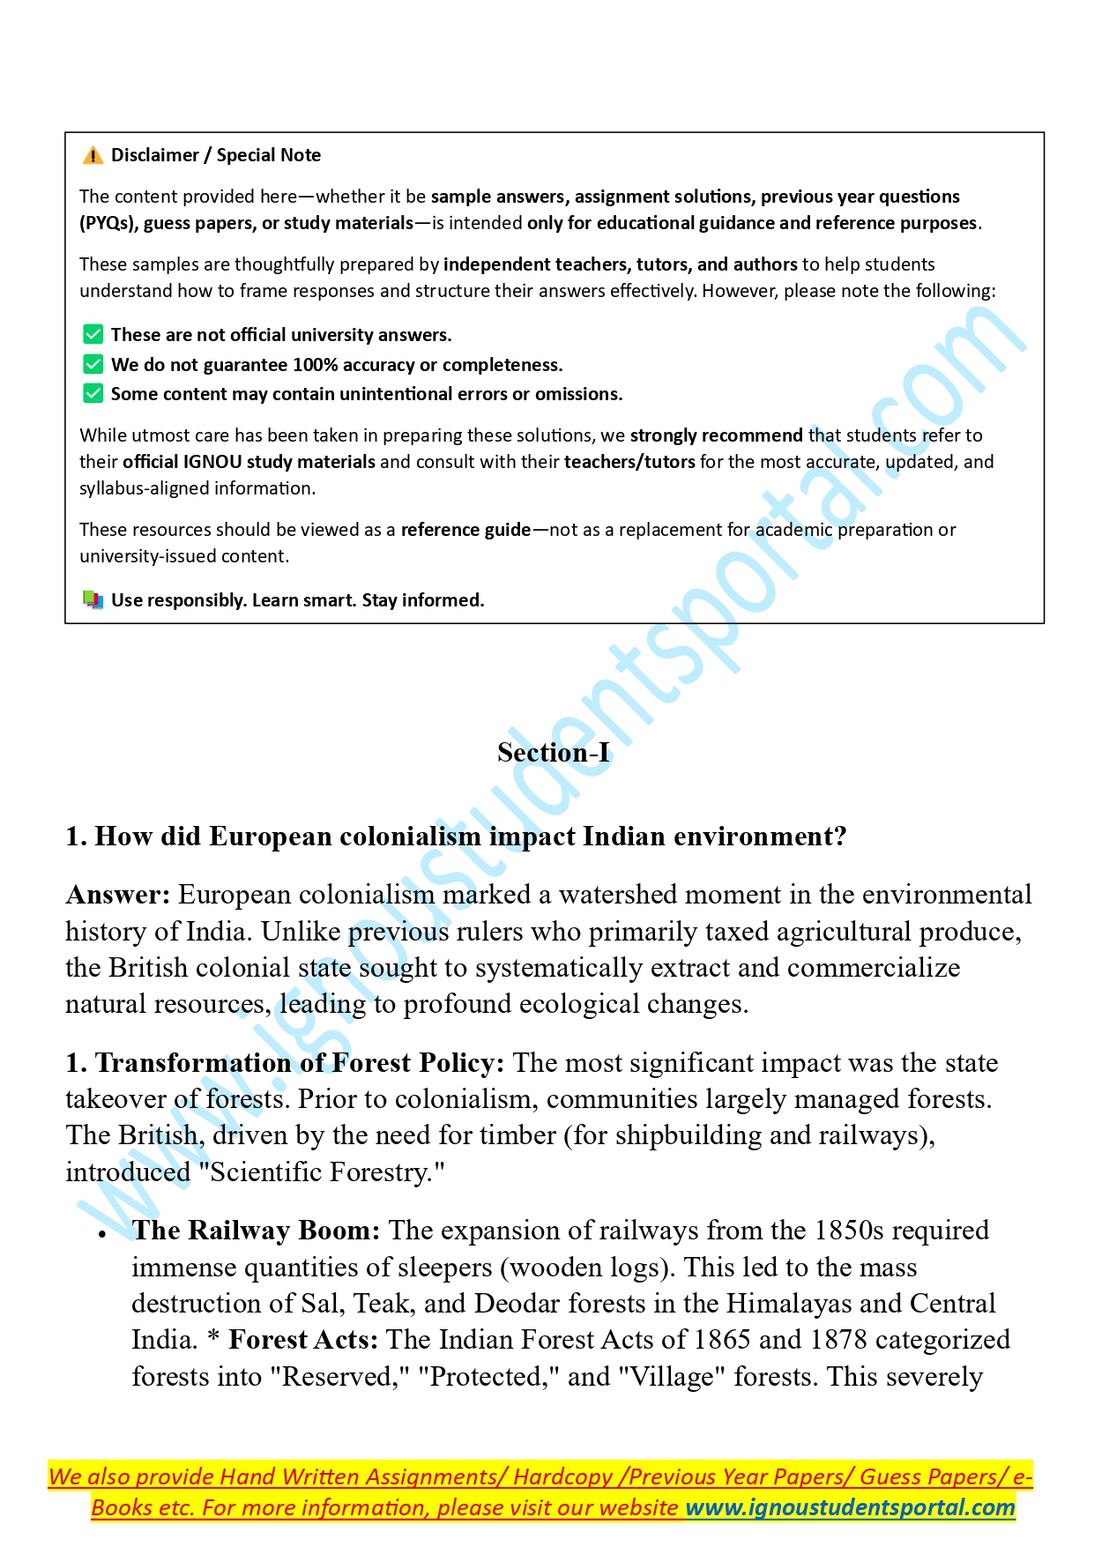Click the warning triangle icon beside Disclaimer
click(x=93, y=156)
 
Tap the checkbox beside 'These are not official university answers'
click(x=93, y=335)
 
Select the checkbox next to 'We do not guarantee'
click(x=93, y=364)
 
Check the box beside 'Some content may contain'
click(x=93, y=393)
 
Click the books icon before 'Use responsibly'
click(x=93, y=600)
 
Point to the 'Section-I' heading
click(x=554, y=752)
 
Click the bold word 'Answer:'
click(x=117, y=895)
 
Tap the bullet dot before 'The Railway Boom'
click(x=103, y=1234)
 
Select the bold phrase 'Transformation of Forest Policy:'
click(x=300, y=1063)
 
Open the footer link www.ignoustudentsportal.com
click(x=851, y=1507)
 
